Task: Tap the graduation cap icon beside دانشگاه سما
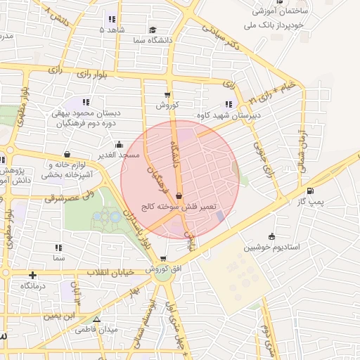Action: pos(153,30)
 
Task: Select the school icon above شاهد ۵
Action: pos(112,19)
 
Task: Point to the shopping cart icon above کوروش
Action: pos(167,94)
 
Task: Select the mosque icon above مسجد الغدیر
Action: pos(119,143)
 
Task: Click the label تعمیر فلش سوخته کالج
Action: pos(179,207)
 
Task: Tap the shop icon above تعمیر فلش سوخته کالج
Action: pos(179,196)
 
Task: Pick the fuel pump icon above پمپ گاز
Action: pos(310,191)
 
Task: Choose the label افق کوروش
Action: pos(163,270)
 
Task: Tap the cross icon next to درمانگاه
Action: pos(32,275)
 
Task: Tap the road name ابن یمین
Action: pos(60,316)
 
